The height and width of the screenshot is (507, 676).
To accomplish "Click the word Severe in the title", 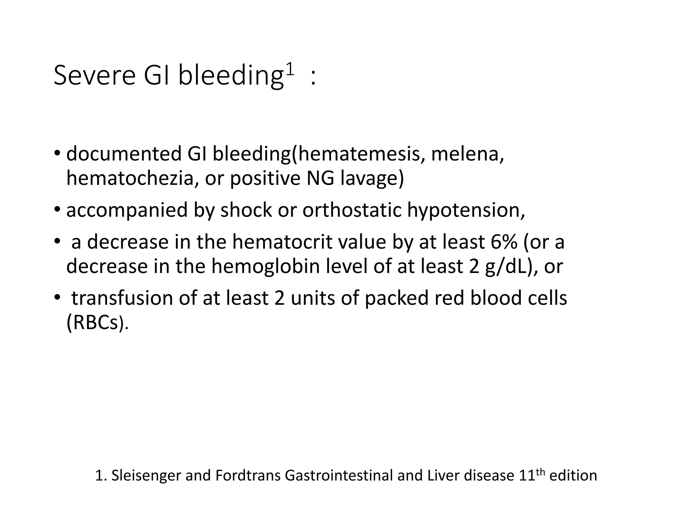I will click(94, 76).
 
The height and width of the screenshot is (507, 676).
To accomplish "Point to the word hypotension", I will click(466, 210).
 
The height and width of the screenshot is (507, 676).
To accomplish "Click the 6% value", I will click(504, 242).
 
